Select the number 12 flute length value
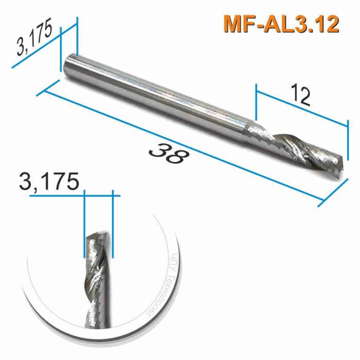(300, 95)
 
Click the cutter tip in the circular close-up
(98, 237)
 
